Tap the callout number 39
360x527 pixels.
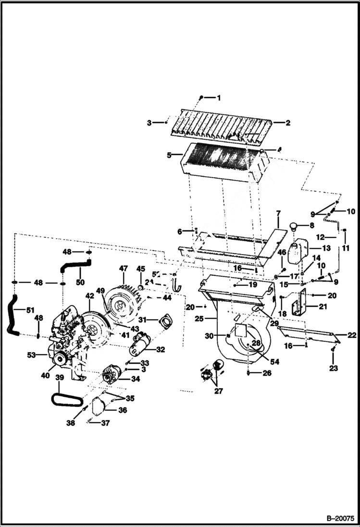[x=60, y=378]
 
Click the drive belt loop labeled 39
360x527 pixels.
[x=67, y=398]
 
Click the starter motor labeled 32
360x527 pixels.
[x=139, y=343]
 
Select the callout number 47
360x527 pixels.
[x=124, y=269]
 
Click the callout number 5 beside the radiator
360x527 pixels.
[x=169, y=155]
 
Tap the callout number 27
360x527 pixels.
[x=219, y=391]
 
